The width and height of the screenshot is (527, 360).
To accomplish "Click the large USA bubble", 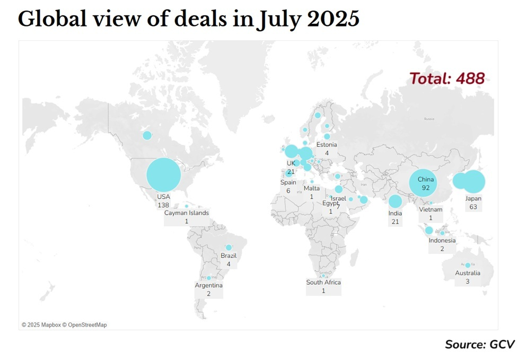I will [164, 175].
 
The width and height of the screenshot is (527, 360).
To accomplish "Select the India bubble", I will [395, 201].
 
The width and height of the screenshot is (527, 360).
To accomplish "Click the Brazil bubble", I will [229, 248].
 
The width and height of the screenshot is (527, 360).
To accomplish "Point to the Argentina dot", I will [209, 278].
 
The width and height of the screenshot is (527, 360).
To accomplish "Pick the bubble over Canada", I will [147, 135].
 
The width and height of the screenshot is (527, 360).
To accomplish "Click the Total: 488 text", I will [446, 79].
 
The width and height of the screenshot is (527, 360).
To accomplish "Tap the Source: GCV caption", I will [480, 344].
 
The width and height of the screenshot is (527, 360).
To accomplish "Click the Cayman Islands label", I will [187, 213].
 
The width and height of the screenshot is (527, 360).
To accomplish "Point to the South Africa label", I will [323, 282].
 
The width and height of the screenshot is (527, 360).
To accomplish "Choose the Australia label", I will [468, 273].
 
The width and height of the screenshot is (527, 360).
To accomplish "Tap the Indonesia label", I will [442, 240].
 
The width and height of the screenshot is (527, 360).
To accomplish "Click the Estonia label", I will [327, 145].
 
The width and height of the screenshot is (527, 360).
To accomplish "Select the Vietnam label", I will [431, 209].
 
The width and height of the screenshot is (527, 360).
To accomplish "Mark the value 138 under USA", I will [163, 204].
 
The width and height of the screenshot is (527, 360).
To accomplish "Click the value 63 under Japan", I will [473, 207].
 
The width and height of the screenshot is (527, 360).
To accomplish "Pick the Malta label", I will [312, 188].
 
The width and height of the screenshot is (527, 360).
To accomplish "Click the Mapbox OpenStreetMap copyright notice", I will [64, 324].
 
